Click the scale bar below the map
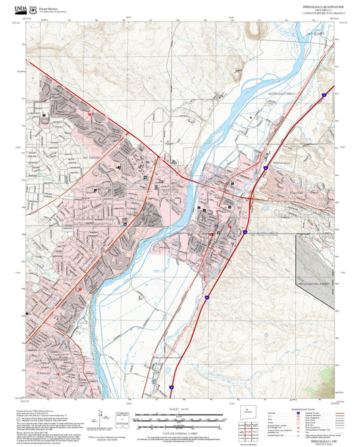179,419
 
